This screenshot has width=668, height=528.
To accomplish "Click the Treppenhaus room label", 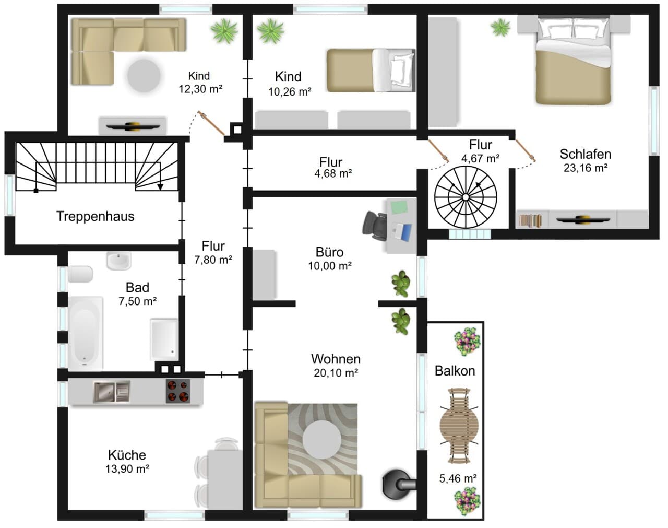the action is [x=96, y=216].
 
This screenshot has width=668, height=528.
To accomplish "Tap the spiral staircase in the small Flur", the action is [x=466, y=197].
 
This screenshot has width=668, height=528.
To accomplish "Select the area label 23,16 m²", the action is [x=586, y=168].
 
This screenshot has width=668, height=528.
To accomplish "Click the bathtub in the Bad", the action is [x=86, y=333].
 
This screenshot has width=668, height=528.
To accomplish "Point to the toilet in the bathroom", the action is [x=80, y=274].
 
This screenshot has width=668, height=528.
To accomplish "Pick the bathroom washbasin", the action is [x=118, y=261].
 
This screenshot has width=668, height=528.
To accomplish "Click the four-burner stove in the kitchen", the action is [x=178, y=391].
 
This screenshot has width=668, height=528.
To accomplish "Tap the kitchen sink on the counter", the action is [x=112, y=391].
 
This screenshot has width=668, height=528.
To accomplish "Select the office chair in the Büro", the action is [x=375, y=226].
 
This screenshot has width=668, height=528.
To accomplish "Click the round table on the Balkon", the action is [x=459, y=426].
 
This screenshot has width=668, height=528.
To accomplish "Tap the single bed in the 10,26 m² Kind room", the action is [x=371, y=70].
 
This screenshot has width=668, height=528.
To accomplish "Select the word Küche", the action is [x=127, y=455].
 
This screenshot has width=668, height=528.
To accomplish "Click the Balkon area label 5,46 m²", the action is [x=458, y=478].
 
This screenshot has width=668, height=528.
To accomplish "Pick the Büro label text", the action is [x=329, y=252].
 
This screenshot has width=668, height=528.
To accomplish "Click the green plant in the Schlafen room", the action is [x=500, y=27].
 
